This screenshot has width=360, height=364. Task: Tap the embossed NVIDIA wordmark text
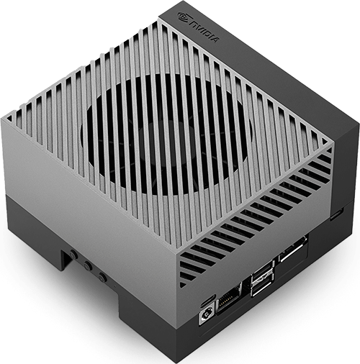tap(204, 32)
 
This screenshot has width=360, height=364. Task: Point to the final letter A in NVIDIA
tap(215, 39)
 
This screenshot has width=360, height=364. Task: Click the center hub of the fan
tap(166, 135)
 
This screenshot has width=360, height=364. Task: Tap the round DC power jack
tap(206, 314)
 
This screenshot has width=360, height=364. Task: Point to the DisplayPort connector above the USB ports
tap(292, 250)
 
